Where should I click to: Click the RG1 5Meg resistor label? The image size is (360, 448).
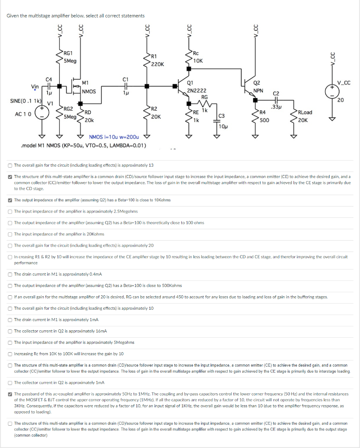[70, 57]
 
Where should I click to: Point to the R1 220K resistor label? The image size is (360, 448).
[156, 60]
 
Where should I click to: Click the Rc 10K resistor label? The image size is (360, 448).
[198, 57]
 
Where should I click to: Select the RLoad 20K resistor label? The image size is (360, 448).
[305, 116]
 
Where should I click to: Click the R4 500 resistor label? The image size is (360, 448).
[265, 116]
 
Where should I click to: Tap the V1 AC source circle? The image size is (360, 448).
[43, 112]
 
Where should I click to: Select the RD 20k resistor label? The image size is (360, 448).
[88, 116]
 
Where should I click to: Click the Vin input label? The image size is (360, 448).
[36, 86]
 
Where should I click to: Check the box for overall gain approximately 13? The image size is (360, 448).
[10, 165]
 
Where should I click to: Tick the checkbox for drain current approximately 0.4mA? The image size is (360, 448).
[10, 274]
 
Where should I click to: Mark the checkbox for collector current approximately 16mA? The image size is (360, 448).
[10, 331]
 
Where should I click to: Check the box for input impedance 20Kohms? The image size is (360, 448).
[10, 234]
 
